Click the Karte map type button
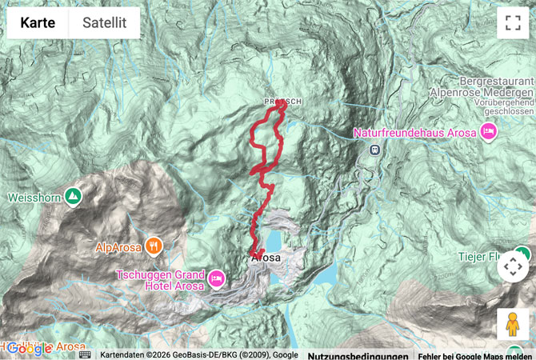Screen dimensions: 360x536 [38, 23]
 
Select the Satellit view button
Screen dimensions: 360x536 [104, 23]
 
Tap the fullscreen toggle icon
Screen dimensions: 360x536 [513, 23]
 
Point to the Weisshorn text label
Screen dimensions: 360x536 [34, 197]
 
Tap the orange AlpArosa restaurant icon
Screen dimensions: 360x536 [154, 246]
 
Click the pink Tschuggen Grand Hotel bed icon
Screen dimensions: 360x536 [217, 278]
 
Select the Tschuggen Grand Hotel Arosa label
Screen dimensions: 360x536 [160, 279]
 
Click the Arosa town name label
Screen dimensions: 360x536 [266, 258]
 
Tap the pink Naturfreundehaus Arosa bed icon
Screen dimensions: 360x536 [488, 131]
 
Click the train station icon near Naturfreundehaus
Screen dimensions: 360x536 [374, 149]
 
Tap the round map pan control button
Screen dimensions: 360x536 [513, 266]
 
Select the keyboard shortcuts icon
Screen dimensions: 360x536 [85, 354]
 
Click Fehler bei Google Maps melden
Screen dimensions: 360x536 [475, 355]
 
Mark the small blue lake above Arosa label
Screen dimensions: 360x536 [274, 241]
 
